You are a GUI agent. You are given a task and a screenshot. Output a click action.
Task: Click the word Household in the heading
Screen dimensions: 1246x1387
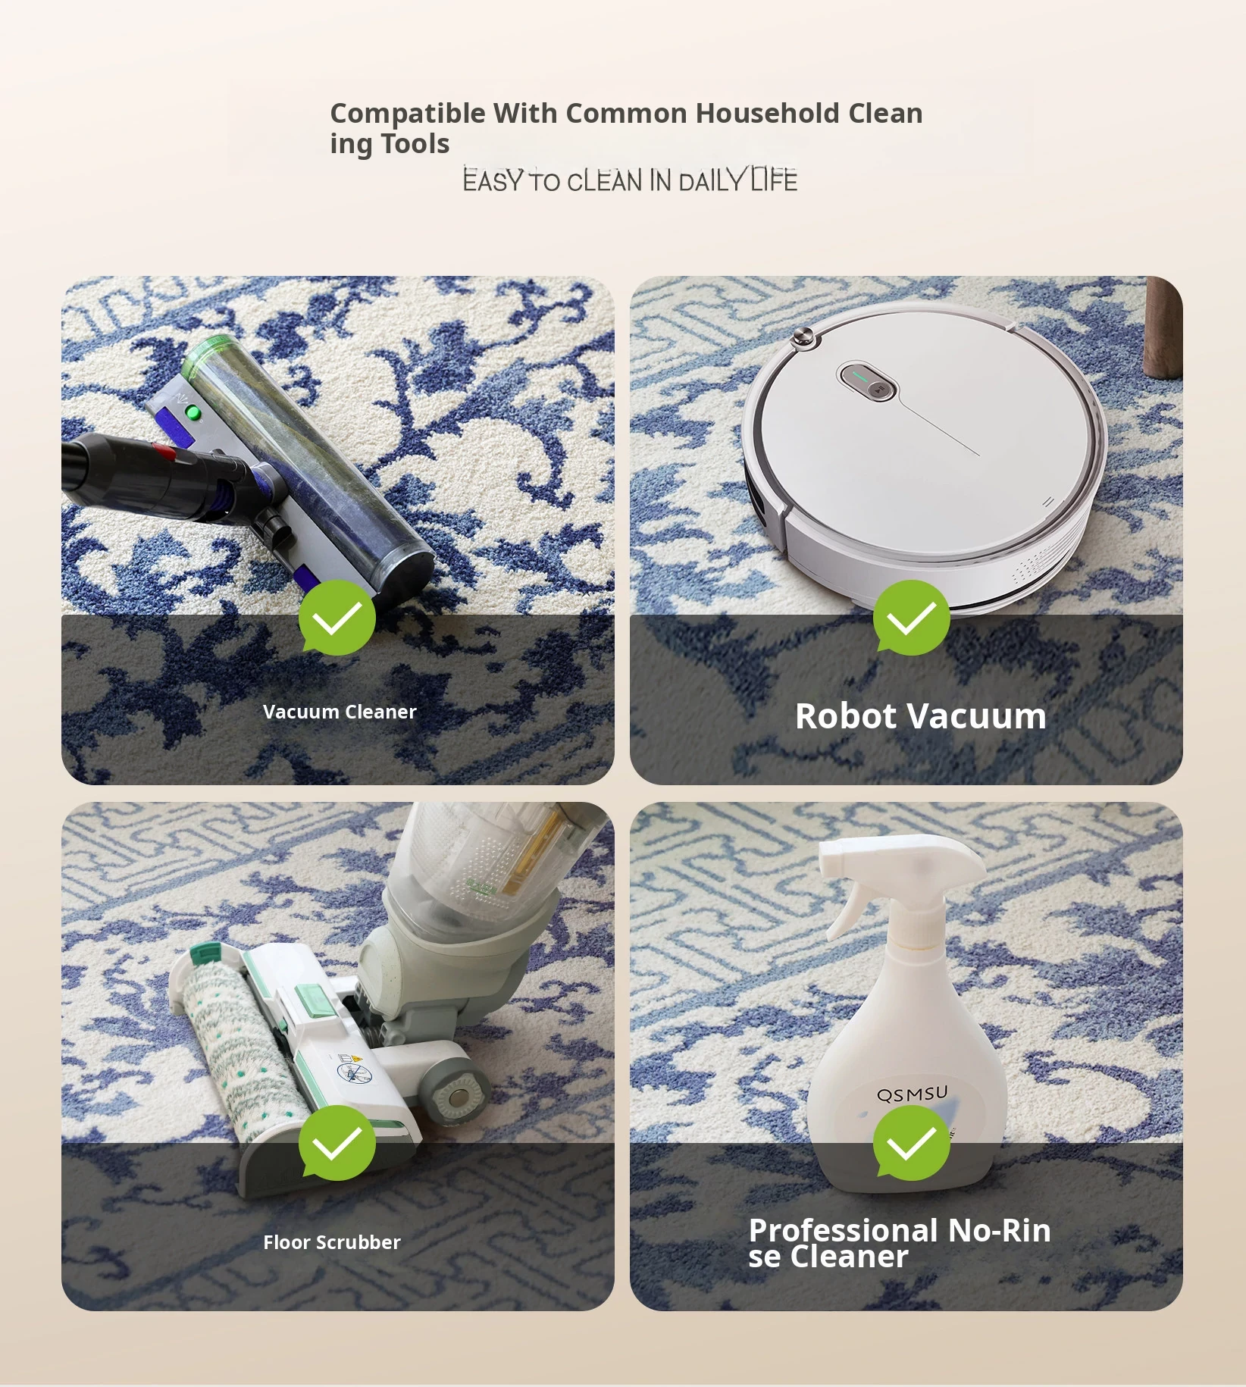[x=767, y=113]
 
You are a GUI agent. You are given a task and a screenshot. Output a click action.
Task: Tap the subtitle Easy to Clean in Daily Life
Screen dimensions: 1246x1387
[x=630, y=180]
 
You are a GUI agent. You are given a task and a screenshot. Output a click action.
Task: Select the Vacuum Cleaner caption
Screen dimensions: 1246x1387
[x=340, y=712]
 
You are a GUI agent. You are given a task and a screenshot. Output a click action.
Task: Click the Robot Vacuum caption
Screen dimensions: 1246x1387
[x=921, y=716]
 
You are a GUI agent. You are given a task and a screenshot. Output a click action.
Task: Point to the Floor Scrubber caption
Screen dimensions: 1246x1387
[x=332, y=1242]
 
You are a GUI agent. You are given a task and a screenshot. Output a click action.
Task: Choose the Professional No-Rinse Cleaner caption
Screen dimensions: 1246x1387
[x=900, y=1243]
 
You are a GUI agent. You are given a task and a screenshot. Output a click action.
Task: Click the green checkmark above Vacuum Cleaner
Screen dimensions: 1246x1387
[x=337, y=618]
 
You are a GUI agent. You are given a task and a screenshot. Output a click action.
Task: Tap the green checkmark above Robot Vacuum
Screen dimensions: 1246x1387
[x=911, y=618]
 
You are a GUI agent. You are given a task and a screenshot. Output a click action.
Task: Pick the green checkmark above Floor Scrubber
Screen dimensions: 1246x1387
[x=337, y=1143]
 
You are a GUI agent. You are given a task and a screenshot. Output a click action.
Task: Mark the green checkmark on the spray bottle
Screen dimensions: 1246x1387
[x=911, y=1143]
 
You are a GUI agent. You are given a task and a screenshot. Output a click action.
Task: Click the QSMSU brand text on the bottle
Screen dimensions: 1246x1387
[x=912, y=1094]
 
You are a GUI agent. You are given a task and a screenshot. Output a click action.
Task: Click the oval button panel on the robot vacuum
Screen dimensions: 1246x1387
[x=867, y=380]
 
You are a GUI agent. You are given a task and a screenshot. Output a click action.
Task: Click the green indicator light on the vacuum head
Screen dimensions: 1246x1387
[x=193, y=413]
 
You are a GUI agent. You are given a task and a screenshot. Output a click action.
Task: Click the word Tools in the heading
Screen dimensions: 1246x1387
[x=415, y=144]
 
